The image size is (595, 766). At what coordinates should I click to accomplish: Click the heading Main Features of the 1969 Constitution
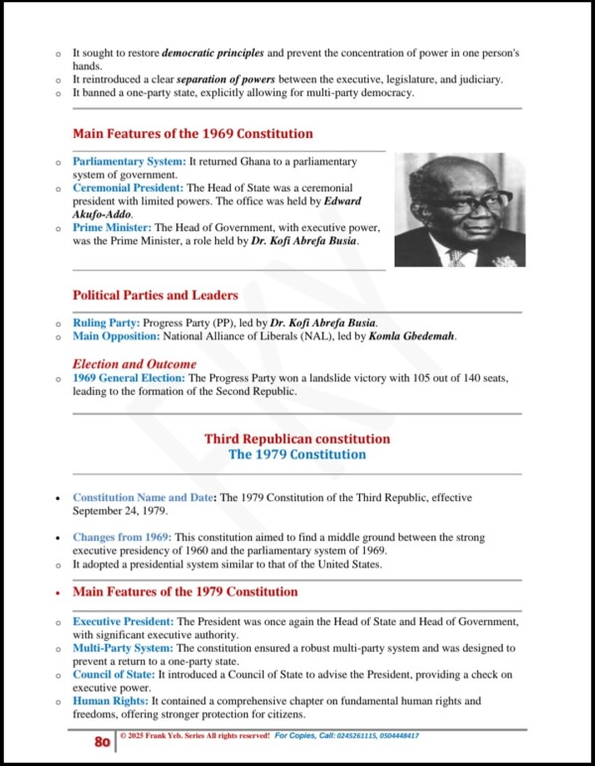coord(192,134)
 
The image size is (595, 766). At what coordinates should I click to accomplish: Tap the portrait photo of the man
coord(459,209)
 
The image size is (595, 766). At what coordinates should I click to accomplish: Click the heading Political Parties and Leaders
coord(155,296)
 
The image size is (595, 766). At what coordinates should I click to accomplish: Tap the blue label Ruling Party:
coord(106,323)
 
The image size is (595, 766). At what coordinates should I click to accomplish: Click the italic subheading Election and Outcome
coord(134,364)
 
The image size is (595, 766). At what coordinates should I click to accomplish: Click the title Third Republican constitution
coord(297,439)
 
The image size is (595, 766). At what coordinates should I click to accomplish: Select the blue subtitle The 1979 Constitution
coord(297,454)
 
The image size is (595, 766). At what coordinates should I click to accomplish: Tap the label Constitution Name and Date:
coord(145,497)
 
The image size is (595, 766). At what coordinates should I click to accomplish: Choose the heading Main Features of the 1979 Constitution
coord(184,592)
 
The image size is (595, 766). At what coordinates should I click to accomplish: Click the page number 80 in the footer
coord(101,741)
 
